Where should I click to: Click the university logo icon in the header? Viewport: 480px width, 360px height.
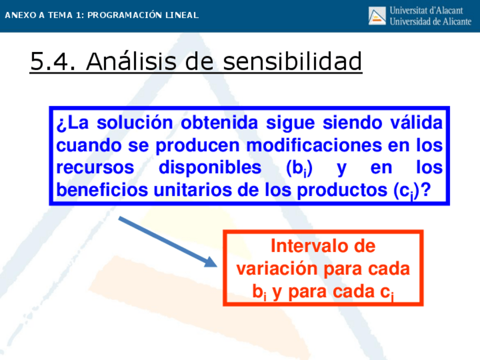(377, 16)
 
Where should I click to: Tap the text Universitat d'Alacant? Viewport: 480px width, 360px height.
(426, 10)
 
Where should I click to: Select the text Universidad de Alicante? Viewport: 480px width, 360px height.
(430, 22)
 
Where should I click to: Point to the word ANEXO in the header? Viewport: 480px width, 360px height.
(20, 15)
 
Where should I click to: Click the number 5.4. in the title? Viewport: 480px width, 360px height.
(53, 61)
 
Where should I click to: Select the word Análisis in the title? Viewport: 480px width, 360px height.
(131, 61)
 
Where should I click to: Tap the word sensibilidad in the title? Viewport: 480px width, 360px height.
(293, 61)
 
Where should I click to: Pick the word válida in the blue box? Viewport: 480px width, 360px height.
(417, 122)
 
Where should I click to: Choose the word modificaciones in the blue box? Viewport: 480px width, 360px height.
(314, 145)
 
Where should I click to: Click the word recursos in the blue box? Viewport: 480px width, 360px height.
(95, 168)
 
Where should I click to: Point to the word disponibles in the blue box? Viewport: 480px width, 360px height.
(210, 168)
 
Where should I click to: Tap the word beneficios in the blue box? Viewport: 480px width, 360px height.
(102, 190)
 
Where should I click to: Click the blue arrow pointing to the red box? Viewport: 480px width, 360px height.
(168, 242)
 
